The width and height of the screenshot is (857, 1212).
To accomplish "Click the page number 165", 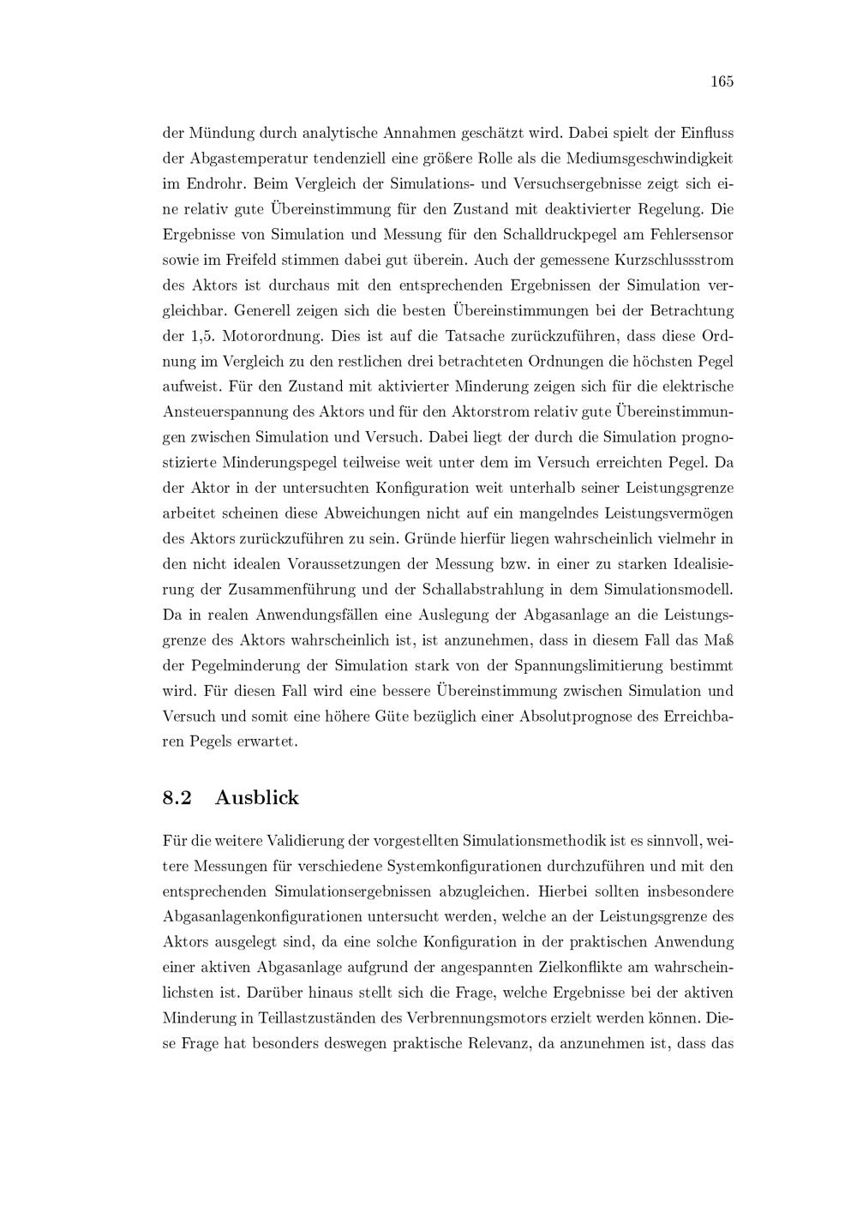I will click(722, 81).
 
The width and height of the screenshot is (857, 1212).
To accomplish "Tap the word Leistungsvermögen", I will click(650, 513).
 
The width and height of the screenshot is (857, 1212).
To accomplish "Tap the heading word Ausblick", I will click(257, 798).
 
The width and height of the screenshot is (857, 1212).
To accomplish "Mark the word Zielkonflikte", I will click(599, 967).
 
